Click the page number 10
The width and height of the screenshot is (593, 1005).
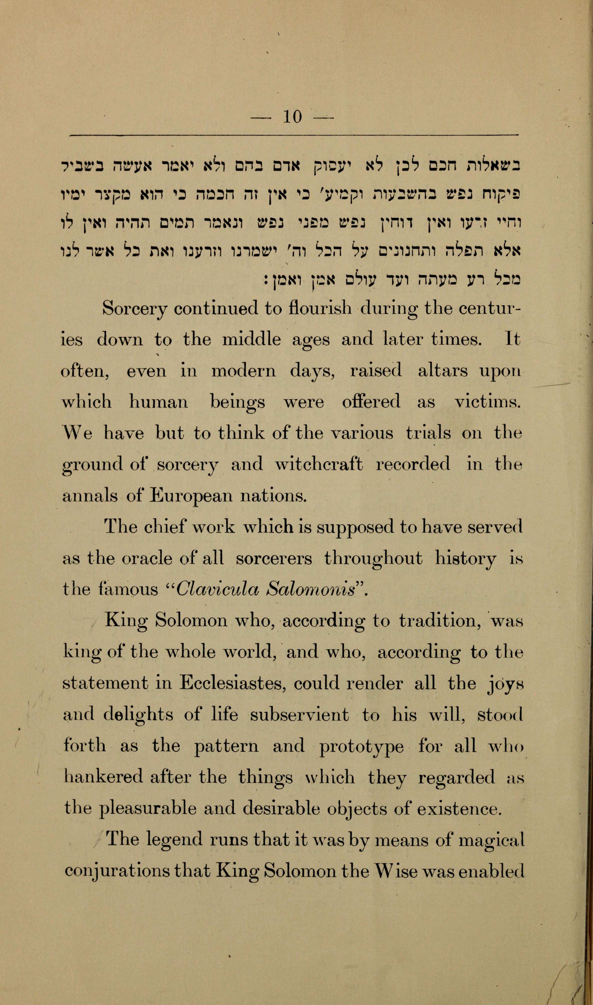[292, 117]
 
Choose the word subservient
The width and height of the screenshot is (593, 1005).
[299, 714]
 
